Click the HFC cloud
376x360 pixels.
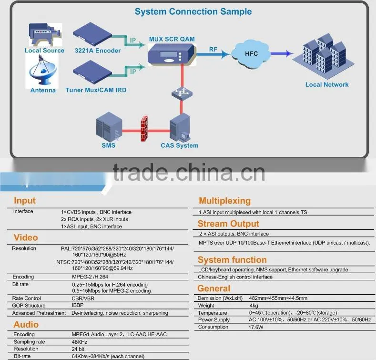pyautogui.click(x=251, y=54)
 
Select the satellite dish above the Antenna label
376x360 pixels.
pyautogui.click(x=42, y=70)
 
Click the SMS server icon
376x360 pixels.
pyautogui.click(x=109, y=127)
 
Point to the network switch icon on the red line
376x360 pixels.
pyautogui.click(x=182, y=93)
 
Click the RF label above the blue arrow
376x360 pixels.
pyautogui.click(x=213, y=49)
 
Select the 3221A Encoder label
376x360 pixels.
pyautogui.click(x=98, y=51)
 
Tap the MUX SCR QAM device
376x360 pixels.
pyautogui.click(x=172, y=55)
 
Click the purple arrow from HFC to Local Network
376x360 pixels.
pyautogui.click(x=282, y=53)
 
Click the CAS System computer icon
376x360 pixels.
pyautogui.click(x=180, y=128)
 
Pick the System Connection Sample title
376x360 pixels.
pyautogui.click(x=193, y=11)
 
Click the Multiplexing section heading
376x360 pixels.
pyautogui.click(x=224, y=201)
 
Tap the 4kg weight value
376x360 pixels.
pyautogui.click(x=254, y=306)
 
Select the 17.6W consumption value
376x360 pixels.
pyautogui.click(x=256, y=327)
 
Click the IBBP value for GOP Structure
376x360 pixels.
pyautogui.click(x=78, y=305)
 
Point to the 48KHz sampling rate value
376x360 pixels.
pyautogui.click(x=80, y=342)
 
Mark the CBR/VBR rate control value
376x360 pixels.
pyautogui.click(x=83, y=298)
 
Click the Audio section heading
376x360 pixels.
pyautogui.click(x=26, y=325)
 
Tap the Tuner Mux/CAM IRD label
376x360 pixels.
pyautogui.click(x=96, y=90)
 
